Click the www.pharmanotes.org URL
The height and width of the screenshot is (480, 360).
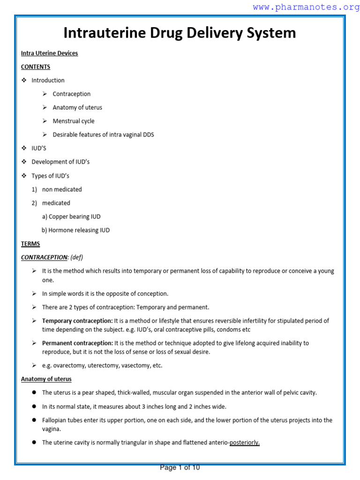coord(306,7)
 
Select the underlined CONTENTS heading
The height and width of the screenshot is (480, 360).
coord(36,67)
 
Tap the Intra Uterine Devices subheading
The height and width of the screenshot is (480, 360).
coord(49,53)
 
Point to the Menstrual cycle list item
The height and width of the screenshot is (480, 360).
coord(74,121)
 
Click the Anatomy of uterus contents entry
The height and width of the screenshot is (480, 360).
coord(77,107)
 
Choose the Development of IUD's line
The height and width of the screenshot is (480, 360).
coord(60,162)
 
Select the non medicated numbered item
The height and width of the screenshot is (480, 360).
coord(62,189)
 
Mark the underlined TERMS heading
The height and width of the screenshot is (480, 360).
coord(30,244)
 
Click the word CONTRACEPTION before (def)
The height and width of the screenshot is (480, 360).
coord(45,257)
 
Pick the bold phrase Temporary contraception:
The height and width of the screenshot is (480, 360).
coord(77,321)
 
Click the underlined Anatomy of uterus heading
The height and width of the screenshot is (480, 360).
coord(46,379)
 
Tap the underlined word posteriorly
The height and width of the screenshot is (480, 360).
coord(244,442)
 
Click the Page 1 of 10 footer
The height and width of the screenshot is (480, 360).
coord(180,467)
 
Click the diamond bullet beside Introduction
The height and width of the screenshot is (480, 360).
coord(24,80)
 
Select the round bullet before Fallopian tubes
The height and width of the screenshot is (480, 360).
coord(34,420)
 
